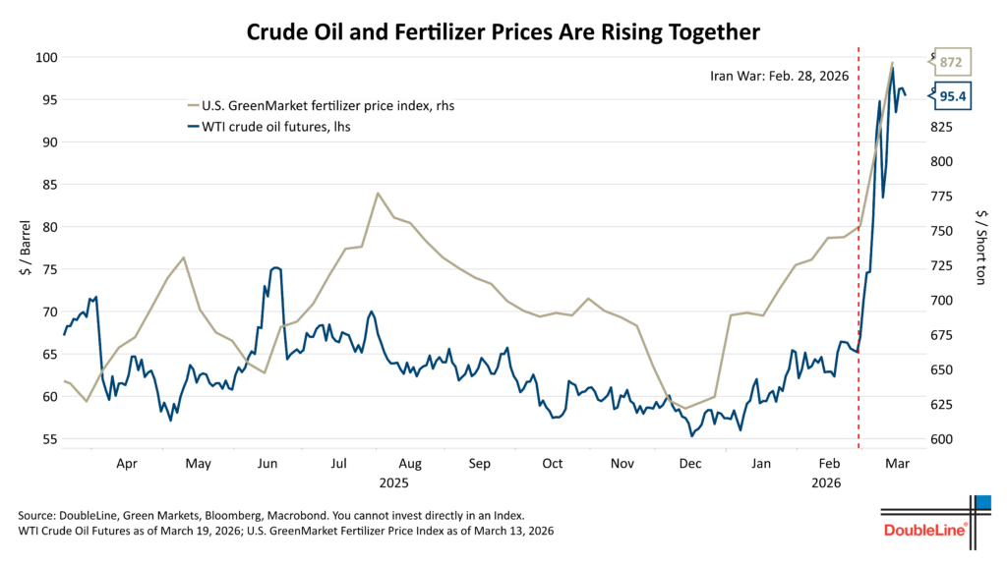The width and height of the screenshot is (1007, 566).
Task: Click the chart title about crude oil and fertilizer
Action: [x=503, y=31]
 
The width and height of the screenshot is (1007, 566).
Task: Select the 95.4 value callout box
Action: [x=952, y=95]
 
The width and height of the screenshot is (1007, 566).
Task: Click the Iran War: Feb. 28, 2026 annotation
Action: [x=780, y=75]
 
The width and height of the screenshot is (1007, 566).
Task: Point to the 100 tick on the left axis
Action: [x=43, y=57]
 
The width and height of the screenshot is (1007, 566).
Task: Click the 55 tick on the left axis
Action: [x=47, y=439]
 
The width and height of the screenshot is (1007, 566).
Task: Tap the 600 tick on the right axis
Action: [x=942, y=439]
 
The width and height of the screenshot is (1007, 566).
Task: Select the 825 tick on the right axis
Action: [x=942, y=127]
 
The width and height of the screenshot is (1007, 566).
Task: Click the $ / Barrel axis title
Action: [x=23, y=248]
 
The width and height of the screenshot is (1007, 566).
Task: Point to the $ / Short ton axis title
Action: [x=979, y=248]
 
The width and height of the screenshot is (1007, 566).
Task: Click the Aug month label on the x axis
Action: [x=410, y=463]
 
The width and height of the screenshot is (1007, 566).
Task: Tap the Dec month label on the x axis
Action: [x=689, y=463]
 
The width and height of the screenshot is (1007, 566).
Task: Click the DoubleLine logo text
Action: [x=924, y=531]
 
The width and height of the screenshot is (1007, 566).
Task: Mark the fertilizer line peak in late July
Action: [x=378, y=193]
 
